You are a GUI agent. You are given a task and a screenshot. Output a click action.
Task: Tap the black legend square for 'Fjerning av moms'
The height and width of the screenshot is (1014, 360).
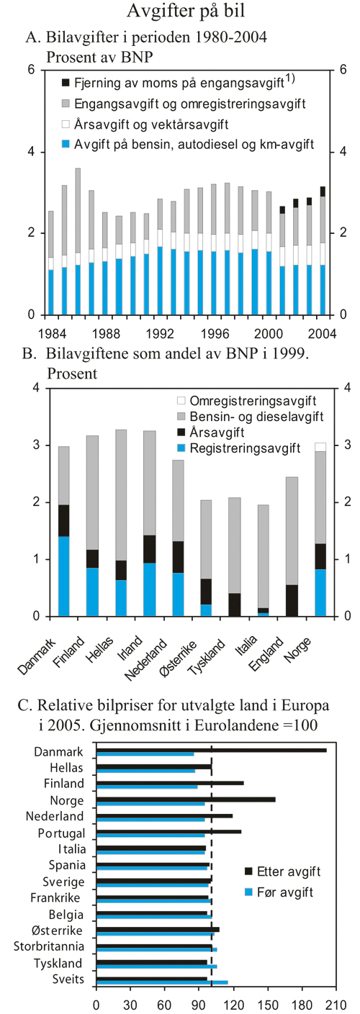[x=66, y=83]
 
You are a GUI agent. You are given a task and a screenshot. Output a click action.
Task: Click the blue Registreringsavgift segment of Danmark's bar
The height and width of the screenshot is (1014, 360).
[x=64, y=576]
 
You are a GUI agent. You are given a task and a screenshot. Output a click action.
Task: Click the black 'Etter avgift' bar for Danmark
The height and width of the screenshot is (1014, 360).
[x=210, y=750]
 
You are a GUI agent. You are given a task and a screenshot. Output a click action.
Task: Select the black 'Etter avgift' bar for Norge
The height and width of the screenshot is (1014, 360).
[x=185, y=799]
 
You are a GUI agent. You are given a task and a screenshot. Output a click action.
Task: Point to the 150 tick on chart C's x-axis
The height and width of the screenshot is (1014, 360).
[x=256, y=1002]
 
